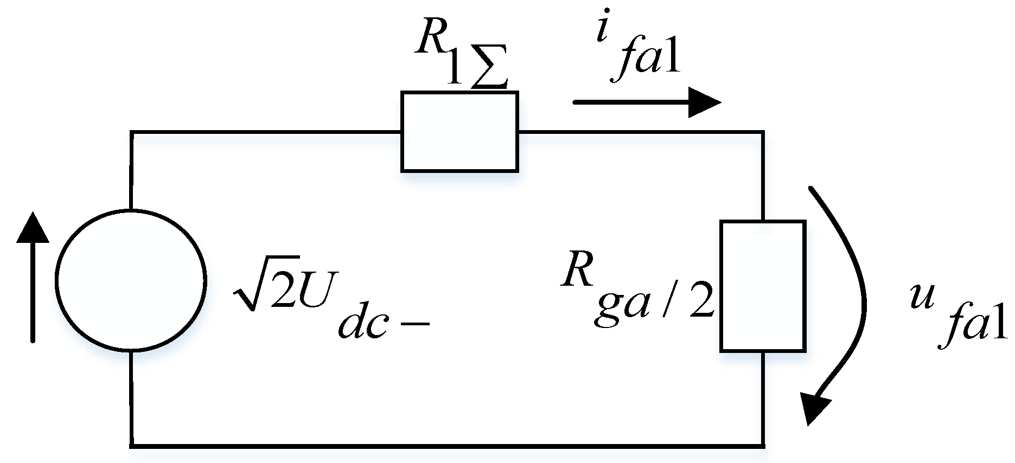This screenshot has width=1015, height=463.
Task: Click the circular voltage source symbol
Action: pyautogui.click(x=131, y=280)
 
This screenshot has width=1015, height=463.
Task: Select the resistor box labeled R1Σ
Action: pyautogui.click(x=459, y=132)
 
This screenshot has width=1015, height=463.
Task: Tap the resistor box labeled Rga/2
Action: pyautogui.click(x=762, y=286)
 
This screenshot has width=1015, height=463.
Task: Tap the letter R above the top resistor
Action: pyautogui.click(x=429, y=38)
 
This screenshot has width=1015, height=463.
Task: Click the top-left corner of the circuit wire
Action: pyautogui.click(x=131, y=132)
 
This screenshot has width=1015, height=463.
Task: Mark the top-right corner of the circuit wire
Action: pyautogui.click(x=763, y=132)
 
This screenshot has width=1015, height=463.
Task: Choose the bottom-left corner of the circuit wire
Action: pyautogui.click(x=131, y=446)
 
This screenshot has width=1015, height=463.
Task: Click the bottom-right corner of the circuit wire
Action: pyautogui.click(x=763, y=446)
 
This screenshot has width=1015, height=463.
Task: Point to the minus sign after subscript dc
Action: pyautogui.click(x=415, y=324)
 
